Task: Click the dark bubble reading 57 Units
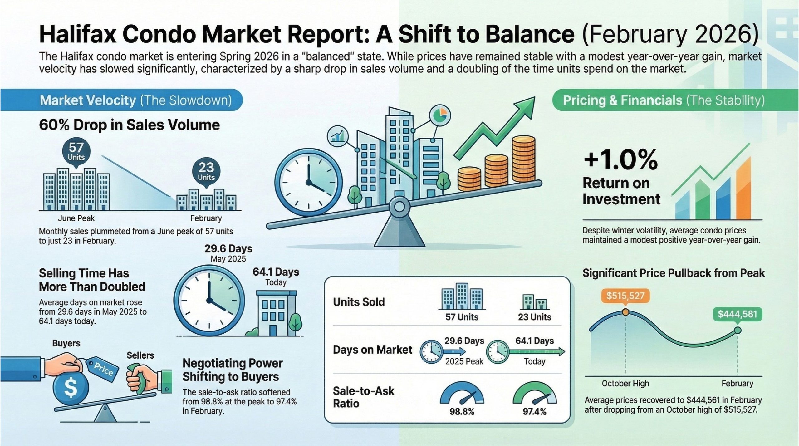point(76,152)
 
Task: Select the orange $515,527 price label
point(625,295)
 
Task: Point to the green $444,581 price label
point(738,314)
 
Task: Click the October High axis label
point(625,383)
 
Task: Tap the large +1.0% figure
point(620,159)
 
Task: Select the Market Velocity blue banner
point(121,100)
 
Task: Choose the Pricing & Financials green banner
point(675,100)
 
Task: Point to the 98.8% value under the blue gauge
point(462,412)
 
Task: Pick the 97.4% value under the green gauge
point(535,412)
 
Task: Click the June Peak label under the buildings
point(76,218)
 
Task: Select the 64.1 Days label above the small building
point(276,272)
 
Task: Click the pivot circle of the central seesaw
point(399,207)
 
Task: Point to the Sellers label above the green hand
point(140,355)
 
